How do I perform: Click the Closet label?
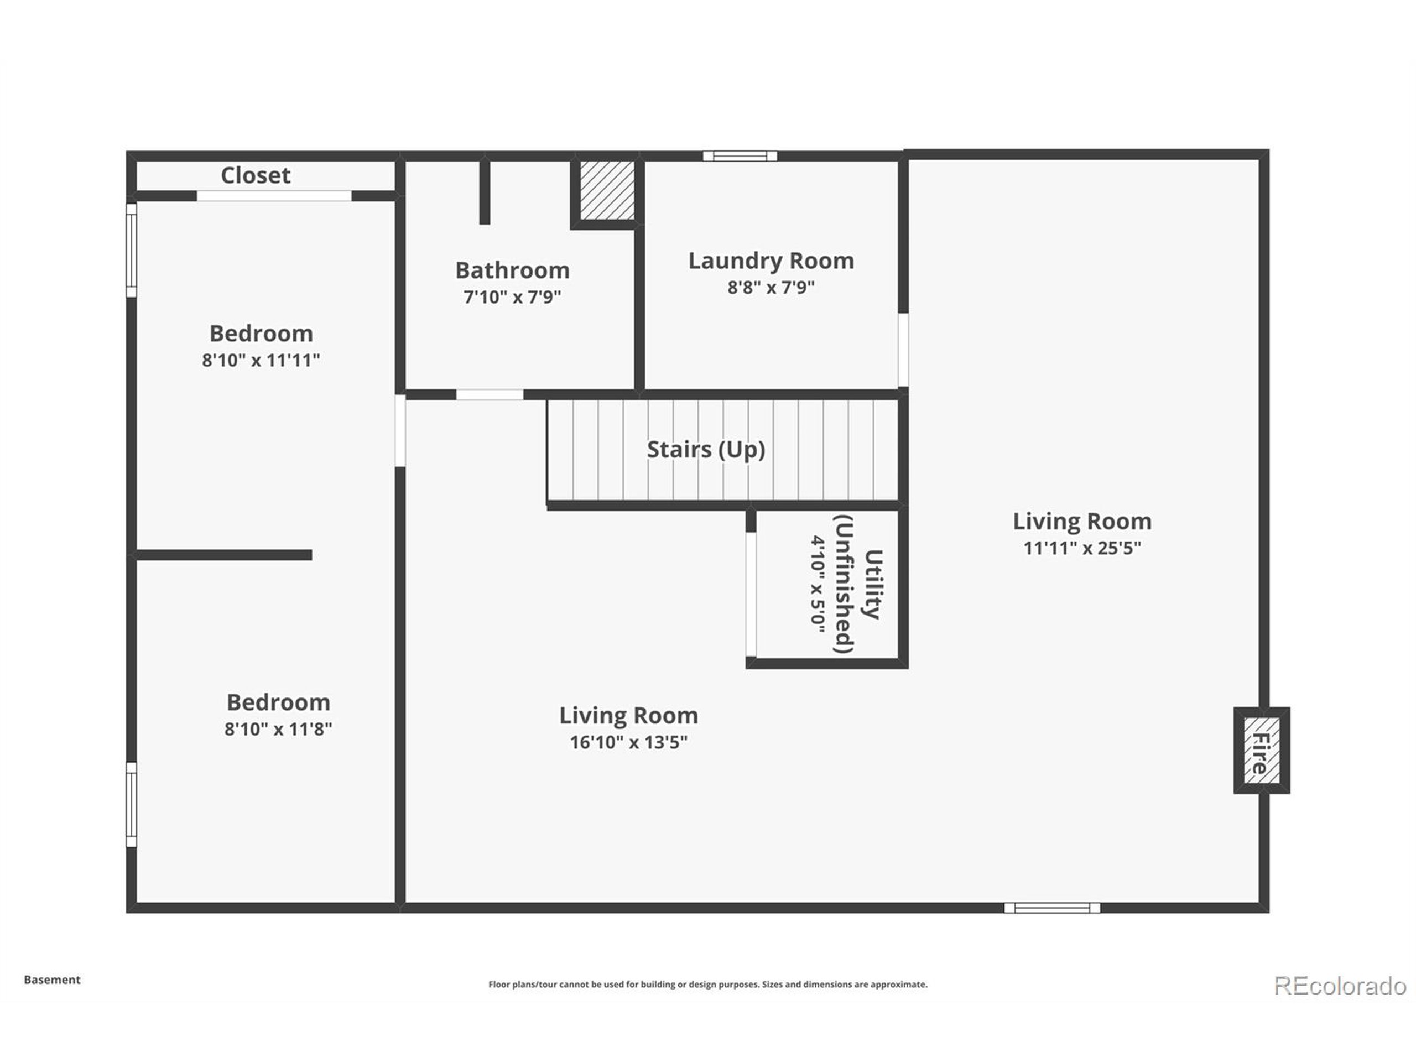(x=256, y=175)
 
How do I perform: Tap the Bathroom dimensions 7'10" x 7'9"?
(x=512, y=297)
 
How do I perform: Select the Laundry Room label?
(x=771, y=261)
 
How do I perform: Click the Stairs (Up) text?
(x=705, y=449)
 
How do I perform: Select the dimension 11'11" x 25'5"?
(x=1082, y=548)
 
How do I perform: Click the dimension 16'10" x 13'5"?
(x=628, y=742)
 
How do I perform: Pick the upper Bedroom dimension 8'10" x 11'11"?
(x=261, y=361)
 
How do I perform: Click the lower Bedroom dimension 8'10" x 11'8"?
(x=278, y=729)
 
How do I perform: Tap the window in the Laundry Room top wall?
(x=740, y=156)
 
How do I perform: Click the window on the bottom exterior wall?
(x=1051, y=908)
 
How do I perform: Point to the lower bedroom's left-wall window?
(x=131, y=804)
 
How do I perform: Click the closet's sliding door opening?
(x=273, y=196)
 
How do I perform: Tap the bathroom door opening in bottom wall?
(x=489, y=395)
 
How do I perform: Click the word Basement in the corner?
(x=52, y=980)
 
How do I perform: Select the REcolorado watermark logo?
(x=1340, y=985)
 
